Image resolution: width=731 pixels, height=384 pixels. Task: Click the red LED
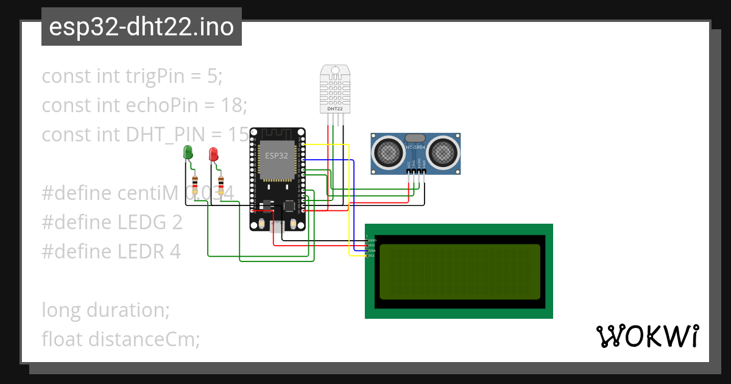point(213,154)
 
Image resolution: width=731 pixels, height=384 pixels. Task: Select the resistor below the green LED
point(195,183)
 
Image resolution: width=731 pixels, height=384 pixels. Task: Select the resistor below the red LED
point(221,183)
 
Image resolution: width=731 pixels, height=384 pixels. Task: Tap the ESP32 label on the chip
point(276,155)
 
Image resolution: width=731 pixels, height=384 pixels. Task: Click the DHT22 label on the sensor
point(335,108)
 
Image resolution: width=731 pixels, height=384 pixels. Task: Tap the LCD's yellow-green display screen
point(460,271)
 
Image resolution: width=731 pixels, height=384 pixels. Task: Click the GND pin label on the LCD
point(372,240)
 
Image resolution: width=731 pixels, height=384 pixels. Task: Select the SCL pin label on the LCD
point(372,255)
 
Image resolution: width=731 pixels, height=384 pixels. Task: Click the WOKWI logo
point(647,336)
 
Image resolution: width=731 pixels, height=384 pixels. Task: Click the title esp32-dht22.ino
point(141,27)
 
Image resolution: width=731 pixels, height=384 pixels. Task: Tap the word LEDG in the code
point(141,222)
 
